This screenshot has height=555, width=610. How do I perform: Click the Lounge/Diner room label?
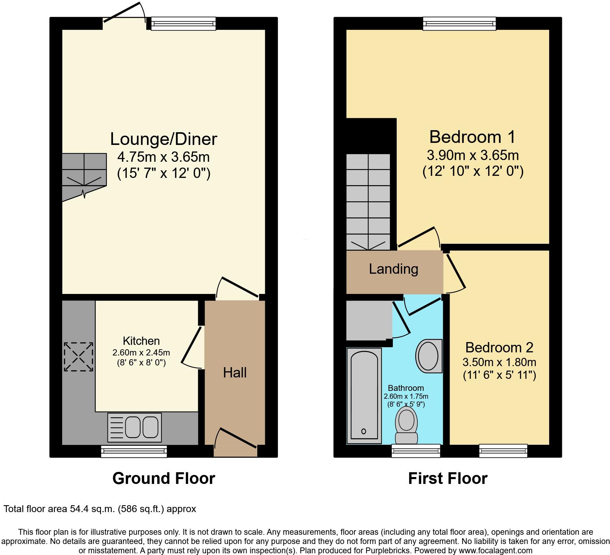coord(163,139)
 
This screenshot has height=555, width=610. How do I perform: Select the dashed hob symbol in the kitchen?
coord(79,357)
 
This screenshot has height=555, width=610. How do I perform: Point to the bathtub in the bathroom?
coord(364,396)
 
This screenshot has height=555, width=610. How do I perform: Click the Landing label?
coord(394,269)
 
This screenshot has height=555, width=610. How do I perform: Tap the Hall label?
coord(235,373)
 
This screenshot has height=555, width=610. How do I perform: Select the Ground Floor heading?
coord(163,478)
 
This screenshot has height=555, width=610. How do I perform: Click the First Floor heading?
coord(448,478)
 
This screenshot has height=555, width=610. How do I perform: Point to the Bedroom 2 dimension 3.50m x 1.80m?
coord(499,362)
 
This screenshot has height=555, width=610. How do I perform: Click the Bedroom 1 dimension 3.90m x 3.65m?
coord(473,155)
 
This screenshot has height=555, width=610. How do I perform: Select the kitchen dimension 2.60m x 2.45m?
coord(141,352)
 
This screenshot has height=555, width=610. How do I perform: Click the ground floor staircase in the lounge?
coord(84,175)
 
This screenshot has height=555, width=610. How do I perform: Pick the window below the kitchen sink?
coord(134,451)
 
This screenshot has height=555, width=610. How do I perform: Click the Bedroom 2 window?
coord(503,451)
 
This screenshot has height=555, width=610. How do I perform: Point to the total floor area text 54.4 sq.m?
coord(100,509)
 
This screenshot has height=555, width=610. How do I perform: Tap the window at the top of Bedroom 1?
coord(460,24)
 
